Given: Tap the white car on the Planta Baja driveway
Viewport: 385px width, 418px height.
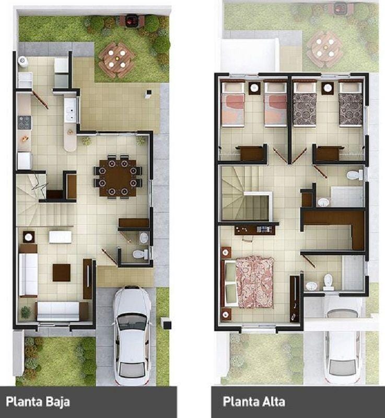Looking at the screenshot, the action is click(x=131, y=335).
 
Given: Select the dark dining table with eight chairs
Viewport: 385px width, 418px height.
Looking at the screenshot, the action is click(x=118, y=177).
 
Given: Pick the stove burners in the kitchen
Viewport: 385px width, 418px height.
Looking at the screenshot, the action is click(x=24, y=122).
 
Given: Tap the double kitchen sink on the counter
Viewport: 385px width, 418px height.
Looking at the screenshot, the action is click(x=71, y=110).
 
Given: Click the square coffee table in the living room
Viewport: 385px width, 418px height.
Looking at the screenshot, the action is click(x=62, y=272).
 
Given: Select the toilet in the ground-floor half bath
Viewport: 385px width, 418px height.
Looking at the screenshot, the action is click(x=141, y=254).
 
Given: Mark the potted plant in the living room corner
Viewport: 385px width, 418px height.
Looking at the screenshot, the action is click(x=26, y=312).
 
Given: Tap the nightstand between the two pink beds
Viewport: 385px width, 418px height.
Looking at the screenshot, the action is click(x=254, y=88).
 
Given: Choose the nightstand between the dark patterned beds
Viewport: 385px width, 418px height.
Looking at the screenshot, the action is click(x=328, y=88).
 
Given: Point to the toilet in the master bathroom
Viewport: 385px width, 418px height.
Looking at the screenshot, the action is click(x=328, y=283).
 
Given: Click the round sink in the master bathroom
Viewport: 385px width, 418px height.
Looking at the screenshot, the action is click(x=311, y=286).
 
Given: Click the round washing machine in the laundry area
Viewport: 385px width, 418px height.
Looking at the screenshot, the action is click(x=23, y=61).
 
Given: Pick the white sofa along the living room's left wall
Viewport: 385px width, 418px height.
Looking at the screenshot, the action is click(x=28, y=275).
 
